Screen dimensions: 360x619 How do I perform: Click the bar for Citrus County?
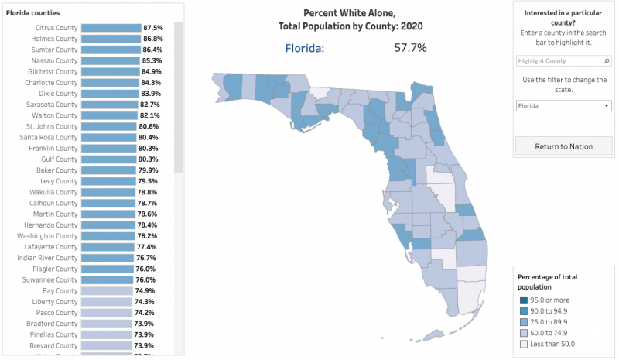[x=111, y=28]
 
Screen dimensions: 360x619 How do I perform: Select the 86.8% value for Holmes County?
[x=152, y=39]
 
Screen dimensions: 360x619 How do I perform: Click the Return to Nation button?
[x=563, y=146]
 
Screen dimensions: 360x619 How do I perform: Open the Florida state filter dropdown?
[x=563, y=106]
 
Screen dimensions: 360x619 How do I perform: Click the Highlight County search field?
[x=563, y=61]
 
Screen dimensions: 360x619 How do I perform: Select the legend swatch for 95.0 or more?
[x=524, y=300]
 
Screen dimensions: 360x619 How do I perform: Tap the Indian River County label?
[x=47, y=258]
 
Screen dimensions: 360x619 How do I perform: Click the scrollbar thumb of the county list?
[x=178, y=97]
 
